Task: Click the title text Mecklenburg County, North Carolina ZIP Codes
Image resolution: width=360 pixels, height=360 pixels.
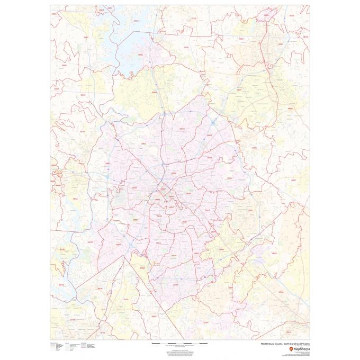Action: click(285, 344)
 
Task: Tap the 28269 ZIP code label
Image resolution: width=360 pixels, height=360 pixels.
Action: click(182, 128)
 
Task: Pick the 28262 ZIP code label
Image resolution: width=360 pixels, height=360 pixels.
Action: click(209, 135)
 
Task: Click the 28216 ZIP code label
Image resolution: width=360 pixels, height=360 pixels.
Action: click(143, 143)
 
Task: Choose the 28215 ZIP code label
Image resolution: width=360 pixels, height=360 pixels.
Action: click(229, 178)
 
